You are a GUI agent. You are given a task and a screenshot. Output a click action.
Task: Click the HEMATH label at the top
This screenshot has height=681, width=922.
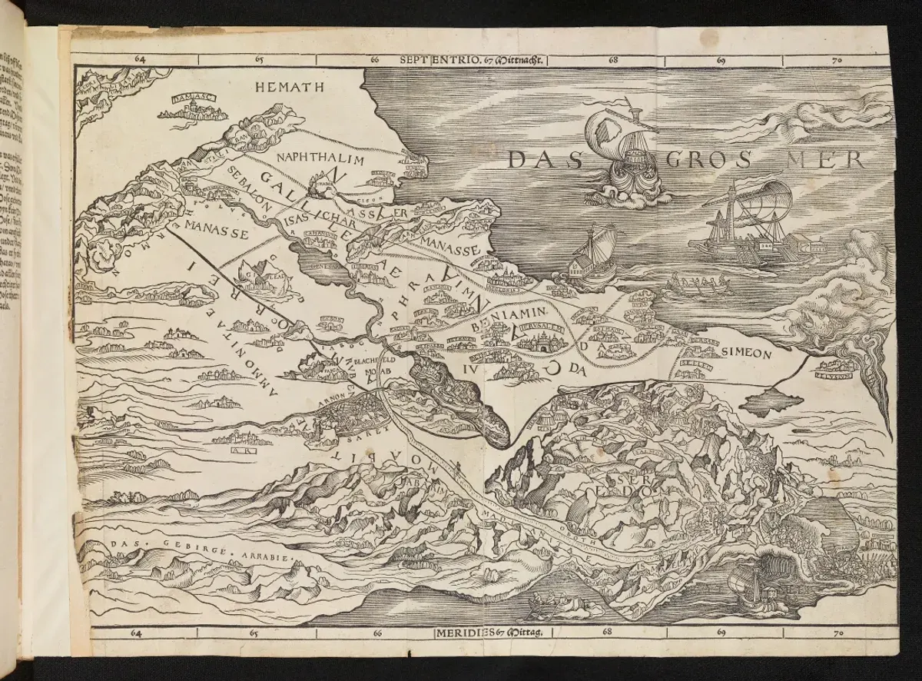[x=285, y=86]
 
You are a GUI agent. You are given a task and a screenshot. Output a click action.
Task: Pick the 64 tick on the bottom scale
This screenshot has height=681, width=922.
[x=138, y=633]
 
